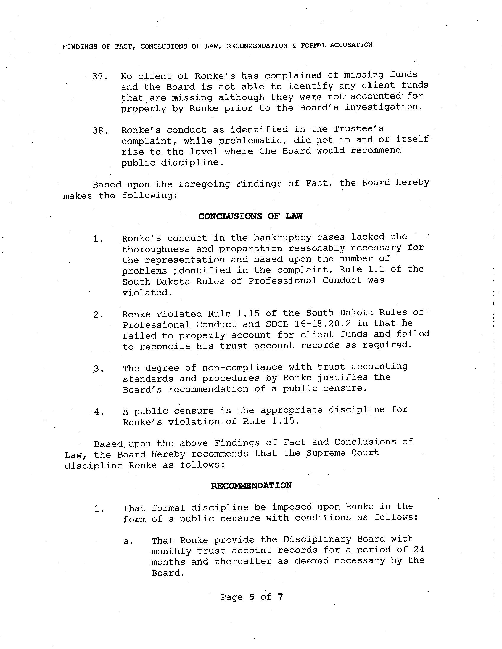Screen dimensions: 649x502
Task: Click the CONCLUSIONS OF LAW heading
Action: tap(250, 216)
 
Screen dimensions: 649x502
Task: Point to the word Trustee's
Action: tap(358, 129)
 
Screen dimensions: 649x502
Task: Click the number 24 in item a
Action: tap(418, 549)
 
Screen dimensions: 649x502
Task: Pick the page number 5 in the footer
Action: tap(252, 597)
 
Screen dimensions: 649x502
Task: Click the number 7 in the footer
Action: tap(280, 596)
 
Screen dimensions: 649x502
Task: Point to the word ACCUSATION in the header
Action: tap(351, 45)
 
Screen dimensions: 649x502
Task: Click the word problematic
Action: tap(236, 141)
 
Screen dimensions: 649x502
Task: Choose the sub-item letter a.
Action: tap(127, 542)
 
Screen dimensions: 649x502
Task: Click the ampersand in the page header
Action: tap(294, 46)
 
